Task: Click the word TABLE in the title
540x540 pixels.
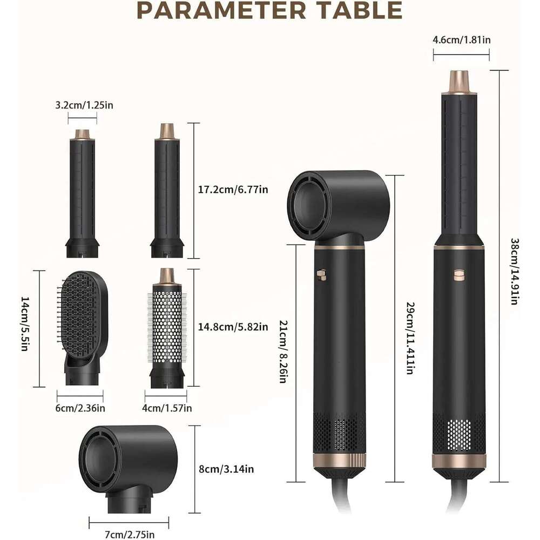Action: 360,10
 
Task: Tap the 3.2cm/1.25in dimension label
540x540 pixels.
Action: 84,105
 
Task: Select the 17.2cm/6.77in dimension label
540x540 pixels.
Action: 233,190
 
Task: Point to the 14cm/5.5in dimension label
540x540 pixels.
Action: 24,323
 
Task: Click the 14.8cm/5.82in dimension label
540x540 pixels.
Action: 233,327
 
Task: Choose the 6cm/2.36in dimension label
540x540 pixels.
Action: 80,408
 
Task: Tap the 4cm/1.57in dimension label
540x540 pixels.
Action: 167,408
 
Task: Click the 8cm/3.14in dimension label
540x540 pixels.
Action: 226,469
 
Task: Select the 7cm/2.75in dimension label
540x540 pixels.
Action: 130,534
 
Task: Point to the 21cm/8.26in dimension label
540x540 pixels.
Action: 283,352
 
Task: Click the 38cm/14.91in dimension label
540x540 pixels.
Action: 515,272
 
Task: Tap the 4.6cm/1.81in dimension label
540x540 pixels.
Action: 462,39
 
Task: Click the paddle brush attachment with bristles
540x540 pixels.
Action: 82,328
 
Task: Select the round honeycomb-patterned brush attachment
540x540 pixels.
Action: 167,328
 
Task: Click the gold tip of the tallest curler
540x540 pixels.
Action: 460,82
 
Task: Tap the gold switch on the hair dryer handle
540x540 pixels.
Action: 321,275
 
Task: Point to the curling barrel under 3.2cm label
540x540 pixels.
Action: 83,193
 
